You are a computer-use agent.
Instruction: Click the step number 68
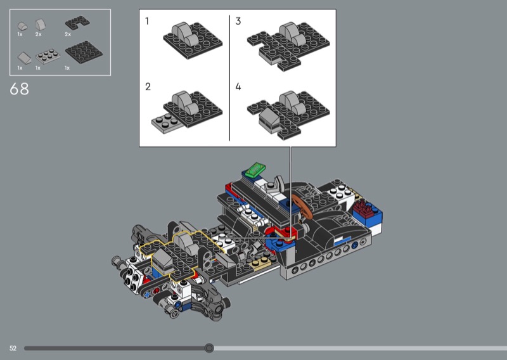tap(20, 89)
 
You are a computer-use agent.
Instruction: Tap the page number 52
tap(13, 349)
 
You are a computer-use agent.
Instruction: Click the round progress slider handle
tap(209, 348)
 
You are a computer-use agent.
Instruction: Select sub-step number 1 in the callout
tap(147, 21)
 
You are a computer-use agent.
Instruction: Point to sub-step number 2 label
tap(148, 87)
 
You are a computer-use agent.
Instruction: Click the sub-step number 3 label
tap(238, 21)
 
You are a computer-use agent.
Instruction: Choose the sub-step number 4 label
tap(238, 87)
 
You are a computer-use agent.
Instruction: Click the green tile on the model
tap(255, 169)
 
